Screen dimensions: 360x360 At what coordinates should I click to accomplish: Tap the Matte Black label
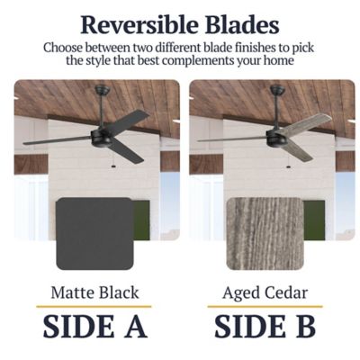[94, 292]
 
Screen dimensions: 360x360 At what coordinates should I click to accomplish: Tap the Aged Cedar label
[265, 293]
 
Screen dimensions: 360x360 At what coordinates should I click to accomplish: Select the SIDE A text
[95, 327]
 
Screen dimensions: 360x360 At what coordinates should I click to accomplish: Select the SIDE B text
[265, 327]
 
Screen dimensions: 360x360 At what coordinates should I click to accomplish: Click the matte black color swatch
[94, 233]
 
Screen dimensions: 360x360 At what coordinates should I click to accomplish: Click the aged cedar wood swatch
[265, 233]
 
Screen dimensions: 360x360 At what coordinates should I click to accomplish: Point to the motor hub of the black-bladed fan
[101, 137]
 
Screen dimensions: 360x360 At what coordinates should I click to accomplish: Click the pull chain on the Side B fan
[289, 161]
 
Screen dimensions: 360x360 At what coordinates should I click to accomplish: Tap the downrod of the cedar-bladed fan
[276, 109]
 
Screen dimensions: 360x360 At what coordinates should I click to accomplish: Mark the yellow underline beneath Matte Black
[94, 307]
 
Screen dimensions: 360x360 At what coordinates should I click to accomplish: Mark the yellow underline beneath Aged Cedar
[265, 307]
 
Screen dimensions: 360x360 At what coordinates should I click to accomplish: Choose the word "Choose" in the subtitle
[62, 48]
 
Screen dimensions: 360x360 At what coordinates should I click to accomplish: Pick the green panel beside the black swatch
[141, 220]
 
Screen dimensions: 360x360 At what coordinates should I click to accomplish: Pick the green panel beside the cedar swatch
[314, 220]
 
